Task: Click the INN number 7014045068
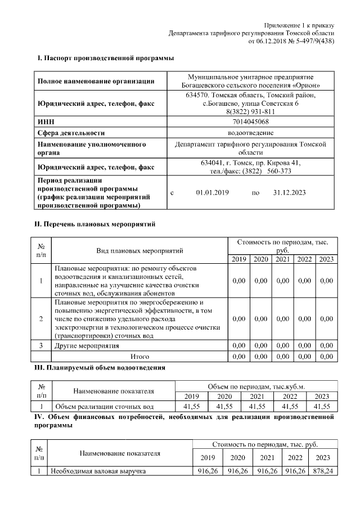point(250,121)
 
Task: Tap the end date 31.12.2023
point(289,192)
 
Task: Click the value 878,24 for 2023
point(323,471)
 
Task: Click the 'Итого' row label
point(139,356)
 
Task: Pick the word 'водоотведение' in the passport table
point(250,133)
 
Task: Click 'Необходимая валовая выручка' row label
point(99,471)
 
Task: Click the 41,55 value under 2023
point(322,406)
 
